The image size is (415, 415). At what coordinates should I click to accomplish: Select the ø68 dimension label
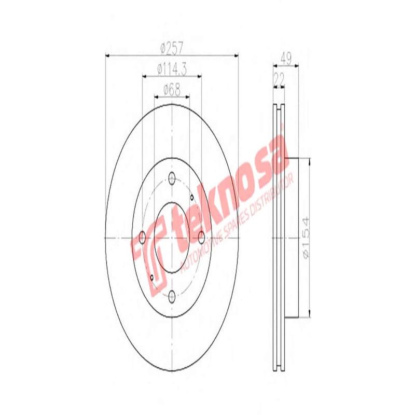tap(172, 89)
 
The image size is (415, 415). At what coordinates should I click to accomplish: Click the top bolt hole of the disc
tap(172, 178)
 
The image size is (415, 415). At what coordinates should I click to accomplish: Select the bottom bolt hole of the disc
tap(172, 296)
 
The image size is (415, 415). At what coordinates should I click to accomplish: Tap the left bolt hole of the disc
tap(142, 238)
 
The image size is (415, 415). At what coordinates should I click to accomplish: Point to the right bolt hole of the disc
tap(201, 238)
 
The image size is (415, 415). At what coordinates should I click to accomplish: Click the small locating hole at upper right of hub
tap(191, 197)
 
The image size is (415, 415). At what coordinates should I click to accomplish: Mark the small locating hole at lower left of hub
tap(151, 278)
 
